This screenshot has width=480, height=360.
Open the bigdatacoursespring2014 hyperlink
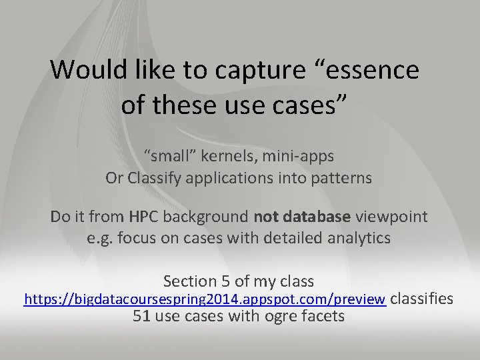tap(205, 299)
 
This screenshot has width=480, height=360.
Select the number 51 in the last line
tap(141, 316)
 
